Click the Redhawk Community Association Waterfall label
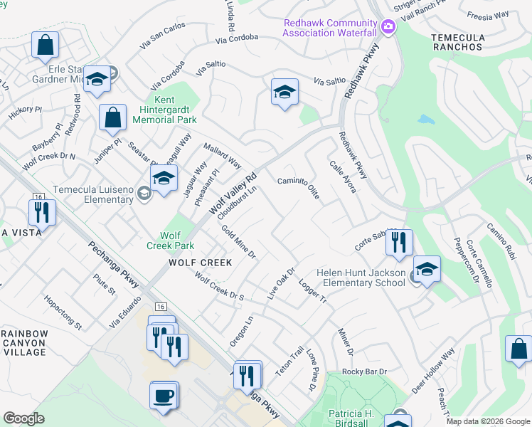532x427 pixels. pyautogui.click(x=330, y=28)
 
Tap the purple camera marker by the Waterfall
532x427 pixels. pyautogui.click(x=388, y=28)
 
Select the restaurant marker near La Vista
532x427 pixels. pyautogui.click(x=42, y=211)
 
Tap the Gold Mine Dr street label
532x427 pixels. pyautogui.click(x=238, y=242)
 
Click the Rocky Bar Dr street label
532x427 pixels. pyautogui.click(x=363, y=371)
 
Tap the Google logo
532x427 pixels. pyautogui.click(x=23, y=418)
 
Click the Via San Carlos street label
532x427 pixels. pyautogui.click(x=163, y=35)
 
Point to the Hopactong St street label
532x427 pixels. pyautogui.click(x=63, y=312)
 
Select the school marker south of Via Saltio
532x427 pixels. pyautogui.click(x=284, y=93)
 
